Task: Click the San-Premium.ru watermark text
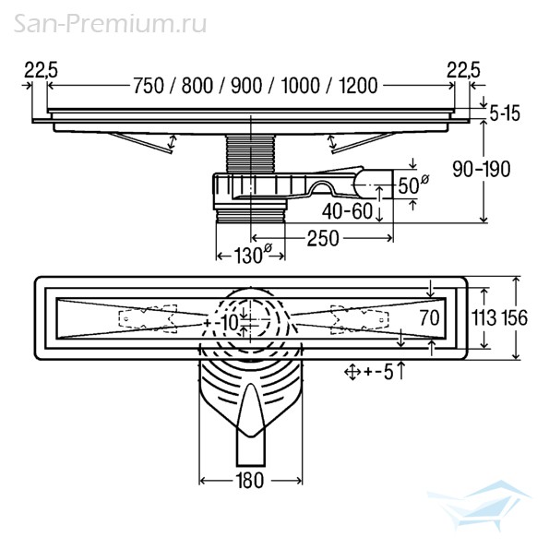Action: pyautogui.click(x=110, y=24)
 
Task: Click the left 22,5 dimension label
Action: pyautogui.click(x=41, y=70)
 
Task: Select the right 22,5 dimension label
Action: pyautogui.click(x=463, y=70)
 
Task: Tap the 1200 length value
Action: pyautogui.click(x=358, y=86)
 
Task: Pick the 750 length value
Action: pyautogui.click(x=149, y=86)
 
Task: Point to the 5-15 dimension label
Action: pyautogui.click(x=505, y=113)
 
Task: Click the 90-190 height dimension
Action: pyautogui.click(x=482, y=170)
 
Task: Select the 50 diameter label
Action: pyautogui.click(x=413, y=185)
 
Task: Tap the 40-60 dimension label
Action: pyautogui.click(x=347, y=211)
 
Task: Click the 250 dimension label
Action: pyautogui.click(x=323, y=239)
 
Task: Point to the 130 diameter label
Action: pyautogui.click(x=252, y=255)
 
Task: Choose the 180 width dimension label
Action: pyautogui.click(x=249, y=481)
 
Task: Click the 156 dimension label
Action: pyautogui.click(x=514, y=318)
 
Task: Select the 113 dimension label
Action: pyautogui.click(x=484, y=318)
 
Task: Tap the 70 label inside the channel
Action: pyautogui.click(x=429, y=318)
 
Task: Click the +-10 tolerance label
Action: pyautogui.click(x=221, y=322)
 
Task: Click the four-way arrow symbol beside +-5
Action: pyautogui.click(x=352, y=372)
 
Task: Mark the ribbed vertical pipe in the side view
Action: pyautogui.click(x=251, y=153)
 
